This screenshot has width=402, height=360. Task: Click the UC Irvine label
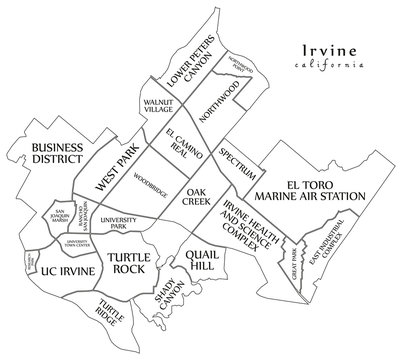[70, 270]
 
